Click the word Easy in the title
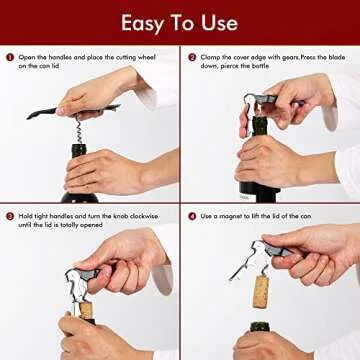coord(145,22)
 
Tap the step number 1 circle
coord(10,58)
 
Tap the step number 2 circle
coord(191,58)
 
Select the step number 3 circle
coord(10,216)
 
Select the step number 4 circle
coord(191,216)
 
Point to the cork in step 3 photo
coord(87,312)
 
